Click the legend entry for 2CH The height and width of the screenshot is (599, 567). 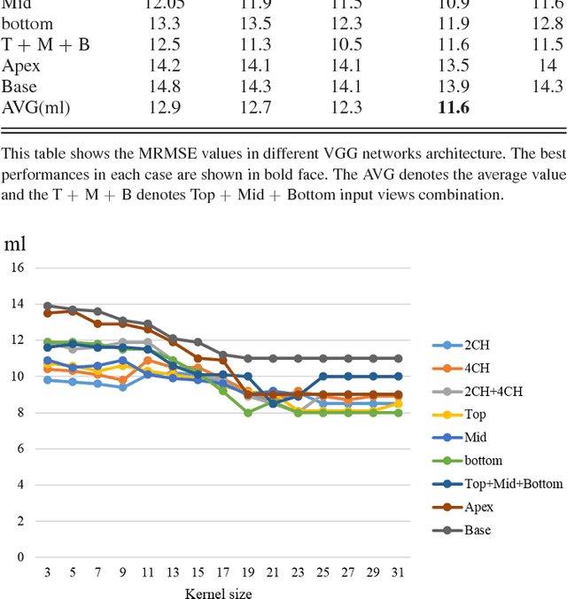point(477,346)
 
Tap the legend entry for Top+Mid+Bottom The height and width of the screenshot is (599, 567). point(501,484)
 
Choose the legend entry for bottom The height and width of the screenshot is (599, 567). point(482,461)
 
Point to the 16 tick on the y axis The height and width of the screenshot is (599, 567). point(17,267)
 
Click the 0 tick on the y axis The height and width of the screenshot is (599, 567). point(20,557)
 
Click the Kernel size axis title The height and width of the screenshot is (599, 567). point(221,591)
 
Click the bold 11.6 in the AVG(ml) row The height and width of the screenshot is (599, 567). point(453,108)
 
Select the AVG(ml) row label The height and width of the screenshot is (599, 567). point(35,108)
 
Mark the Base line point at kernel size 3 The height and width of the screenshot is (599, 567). point(47,306)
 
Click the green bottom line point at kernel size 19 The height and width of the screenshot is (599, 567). point(248,412)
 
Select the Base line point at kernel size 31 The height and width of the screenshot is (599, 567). point(398,358)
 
